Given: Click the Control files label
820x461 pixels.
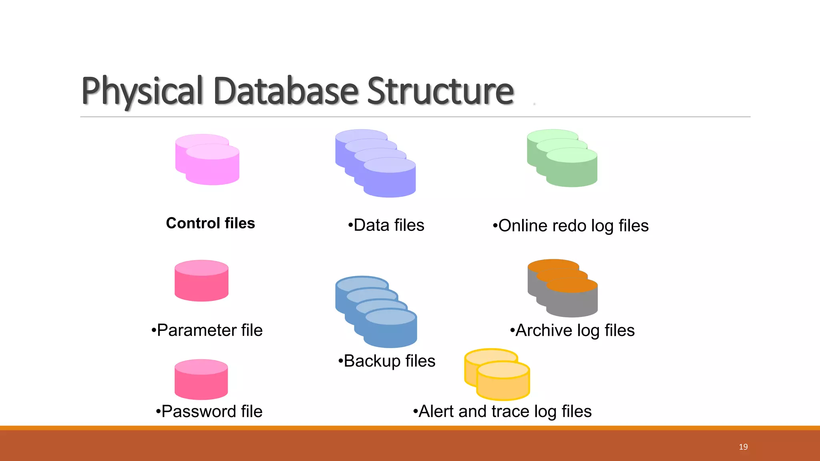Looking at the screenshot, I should click(x=211, y=223).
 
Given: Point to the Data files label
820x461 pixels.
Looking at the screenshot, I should click(x=386, y=225).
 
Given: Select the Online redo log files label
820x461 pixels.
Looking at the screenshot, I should click(x=571, y=226).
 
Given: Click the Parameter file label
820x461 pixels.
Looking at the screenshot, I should click(x=207, y=331).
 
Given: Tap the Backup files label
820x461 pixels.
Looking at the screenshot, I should click(x=387, y=361).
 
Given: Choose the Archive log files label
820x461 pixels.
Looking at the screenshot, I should click(x=573, y=331).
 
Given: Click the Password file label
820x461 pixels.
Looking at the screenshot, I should click(x=209, y=411).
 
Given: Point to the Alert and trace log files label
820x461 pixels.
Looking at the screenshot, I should click(x=502, y=411).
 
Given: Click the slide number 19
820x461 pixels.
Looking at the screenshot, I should click(x=743, y=447).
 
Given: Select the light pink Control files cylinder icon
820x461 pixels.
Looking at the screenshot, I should click(x=207, y=160).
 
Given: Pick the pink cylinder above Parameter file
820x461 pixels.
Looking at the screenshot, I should click(x=201, y=281).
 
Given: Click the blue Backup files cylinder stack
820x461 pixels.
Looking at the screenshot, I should click(x=377, y=312).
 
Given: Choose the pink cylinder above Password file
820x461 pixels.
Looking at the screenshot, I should click(x=201, y=380).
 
